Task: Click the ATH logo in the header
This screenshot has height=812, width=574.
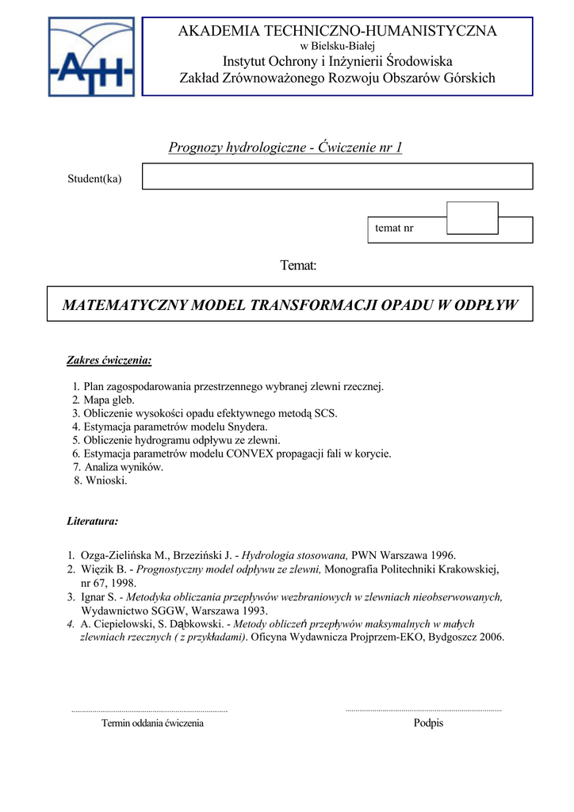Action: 90,57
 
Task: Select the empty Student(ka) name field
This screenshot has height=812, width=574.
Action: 337,176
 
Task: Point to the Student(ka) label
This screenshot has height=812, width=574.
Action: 94,178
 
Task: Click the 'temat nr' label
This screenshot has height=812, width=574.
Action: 394,228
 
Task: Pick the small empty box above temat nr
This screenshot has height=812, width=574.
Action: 473,216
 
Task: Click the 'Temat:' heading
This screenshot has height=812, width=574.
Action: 298,265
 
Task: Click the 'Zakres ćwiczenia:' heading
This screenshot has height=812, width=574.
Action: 109,361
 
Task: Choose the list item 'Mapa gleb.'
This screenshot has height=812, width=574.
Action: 109,400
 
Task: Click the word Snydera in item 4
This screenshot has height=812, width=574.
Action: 247,427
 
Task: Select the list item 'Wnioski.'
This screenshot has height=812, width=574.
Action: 105,481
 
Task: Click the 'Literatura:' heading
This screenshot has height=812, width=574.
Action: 93,521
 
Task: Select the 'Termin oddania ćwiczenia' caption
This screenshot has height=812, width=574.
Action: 152,723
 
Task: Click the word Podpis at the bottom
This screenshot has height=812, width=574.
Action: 428,723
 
